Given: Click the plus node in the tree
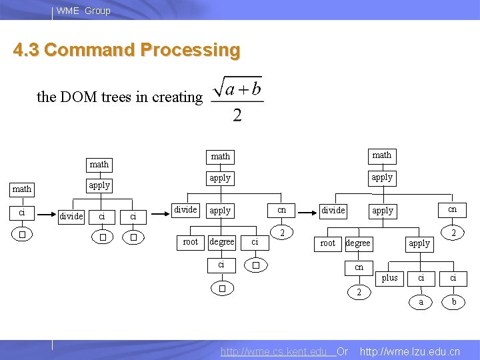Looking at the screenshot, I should (390, 277).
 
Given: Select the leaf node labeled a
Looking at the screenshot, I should (420, 302).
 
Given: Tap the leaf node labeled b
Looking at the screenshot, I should (453, 302).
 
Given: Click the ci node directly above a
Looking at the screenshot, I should (421, 277).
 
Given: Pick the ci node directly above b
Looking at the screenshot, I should (453, 277).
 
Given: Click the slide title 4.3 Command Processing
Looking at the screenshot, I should (127, 51).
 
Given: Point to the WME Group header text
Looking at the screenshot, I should (83, 11).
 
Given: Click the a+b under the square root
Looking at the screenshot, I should (243, 89).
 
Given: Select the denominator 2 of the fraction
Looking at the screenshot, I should (237, 116).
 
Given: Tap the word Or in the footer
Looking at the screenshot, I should (343, 351).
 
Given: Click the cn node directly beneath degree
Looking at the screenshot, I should (359, 267).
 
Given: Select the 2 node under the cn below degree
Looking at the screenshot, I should (359, 292).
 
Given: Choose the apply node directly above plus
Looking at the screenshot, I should (419, 243).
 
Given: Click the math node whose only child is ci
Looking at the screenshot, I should (22, 189).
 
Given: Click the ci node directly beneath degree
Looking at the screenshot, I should (221, 265).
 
